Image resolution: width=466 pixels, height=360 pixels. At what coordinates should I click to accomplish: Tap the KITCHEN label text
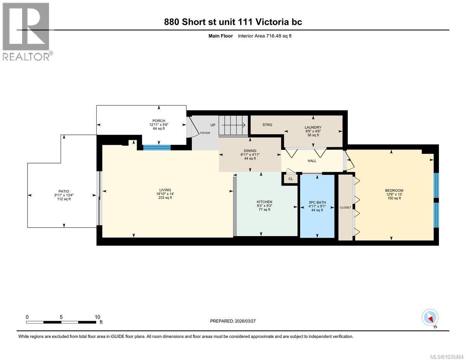(264, 202)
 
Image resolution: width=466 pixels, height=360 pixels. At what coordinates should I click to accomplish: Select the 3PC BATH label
(317, 202)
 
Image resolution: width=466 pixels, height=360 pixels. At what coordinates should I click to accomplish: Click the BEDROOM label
(394, 190)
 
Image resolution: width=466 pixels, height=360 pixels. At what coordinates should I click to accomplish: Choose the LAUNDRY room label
(313, 127)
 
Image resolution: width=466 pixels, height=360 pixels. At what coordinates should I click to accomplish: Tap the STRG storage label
(267, 125)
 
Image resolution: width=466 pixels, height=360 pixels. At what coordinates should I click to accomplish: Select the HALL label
(312, 161)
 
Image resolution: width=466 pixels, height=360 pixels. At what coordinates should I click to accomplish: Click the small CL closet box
(290, 179)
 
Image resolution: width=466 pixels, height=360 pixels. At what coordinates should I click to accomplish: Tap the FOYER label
(205, 133)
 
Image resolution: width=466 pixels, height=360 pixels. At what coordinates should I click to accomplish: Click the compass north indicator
(430, 318)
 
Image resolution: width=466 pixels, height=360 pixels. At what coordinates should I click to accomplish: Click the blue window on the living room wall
(156, 147)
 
